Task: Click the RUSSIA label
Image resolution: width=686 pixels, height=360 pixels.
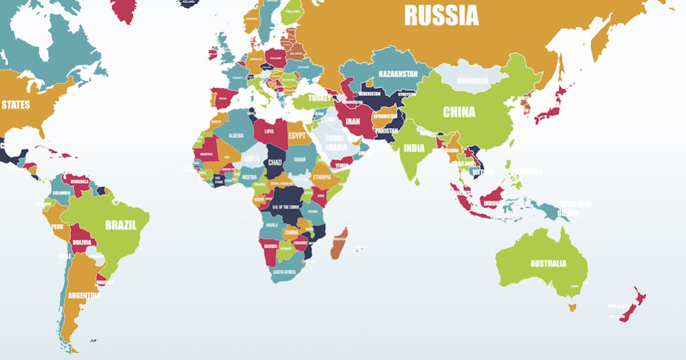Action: point(441,15)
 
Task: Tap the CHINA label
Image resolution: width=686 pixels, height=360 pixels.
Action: point(459,112)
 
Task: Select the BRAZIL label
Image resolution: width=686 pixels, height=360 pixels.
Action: point(121,225)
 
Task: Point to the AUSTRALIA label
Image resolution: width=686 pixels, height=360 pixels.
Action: point(548,263)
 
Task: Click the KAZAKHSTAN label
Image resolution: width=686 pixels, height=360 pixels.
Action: point(398,74)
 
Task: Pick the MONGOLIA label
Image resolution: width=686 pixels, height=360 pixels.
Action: point(473,81)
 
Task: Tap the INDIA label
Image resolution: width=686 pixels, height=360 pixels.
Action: point(414,148)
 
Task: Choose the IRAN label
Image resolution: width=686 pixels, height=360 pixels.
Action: point(353,122)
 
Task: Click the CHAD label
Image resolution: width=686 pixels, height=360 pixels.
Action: point(274,163)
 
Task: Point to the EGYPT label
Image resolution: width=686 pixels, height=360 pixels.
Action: point(297,136)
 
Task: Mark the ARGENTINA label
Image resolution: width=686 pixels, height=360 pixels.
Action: point(84,296)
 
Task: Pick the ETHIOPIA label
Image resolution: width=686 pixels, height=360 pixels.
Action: point(325,177)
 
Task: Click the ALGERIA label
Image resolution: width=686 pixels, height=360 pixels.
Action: point(236,135)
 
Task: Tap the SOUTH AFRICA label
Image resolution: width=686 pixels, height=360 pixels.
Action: point(284,272)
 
